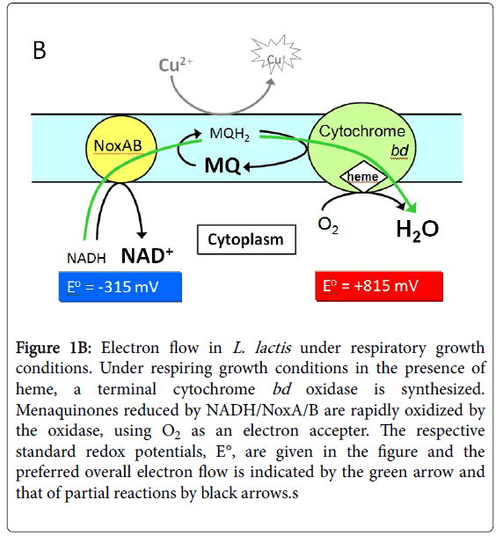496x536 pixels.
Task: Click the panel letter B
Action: [x=40, y=50]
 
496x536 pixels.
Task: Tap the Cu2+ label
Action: [x=176, y=64]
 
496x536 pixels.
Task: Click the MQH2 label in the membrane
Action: [x=230, y=134]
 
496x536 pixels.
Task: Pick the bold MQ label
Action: [x=222, y=165]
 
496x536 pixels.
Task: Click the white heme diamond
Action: [x=363, y=176]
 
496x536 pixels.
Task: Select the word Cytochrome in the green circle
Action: [x=362, y=132]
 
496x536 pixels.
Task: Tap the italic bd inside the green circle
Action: [x=399, y=151]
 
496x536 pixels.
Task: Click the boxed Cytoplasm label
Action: [x=246, y=239]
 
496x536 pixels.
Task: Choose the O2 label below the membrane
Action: [x=328, y=225]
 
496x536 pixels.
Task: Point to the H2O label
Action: [x=417, y=230]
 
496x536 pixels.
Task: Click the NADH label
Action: [x=86, y=259]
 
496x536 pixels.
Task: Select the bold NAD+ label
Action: [x=147, y=256]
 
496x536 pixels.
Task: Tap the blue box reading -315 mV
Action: [x=120, y=286]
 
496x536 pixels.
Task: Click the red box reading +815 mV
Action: [x=379, y=286]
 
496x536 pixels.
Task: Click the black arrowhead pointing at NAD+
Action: [x=142, y=235]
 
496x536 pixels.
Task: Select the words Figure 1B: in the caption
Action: [x=54, y=349]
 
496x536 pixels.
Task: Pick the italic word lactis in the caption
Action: [x=273, y=348]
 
